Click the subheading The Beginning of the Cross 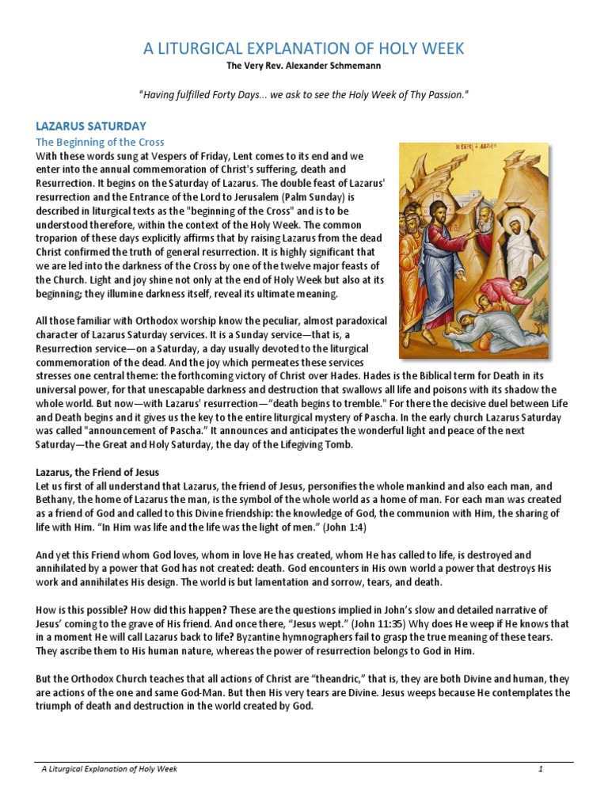pos(100,142)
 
